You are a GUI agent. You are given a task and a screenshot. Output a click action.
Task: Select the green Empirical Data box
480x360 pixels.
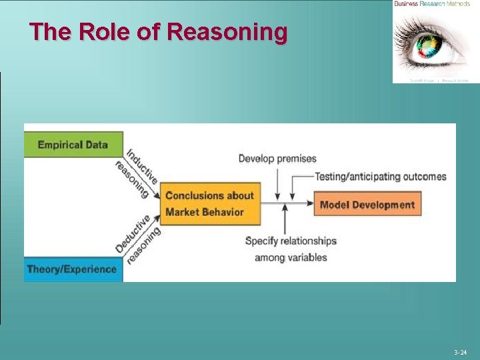pos(73,145)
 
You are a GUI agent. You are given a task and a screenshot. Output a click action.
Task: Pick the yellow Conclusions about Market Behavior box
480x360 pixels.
pos(210,203)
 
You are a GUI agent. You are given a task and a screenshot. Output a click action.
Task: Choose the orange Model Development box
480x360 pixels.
pos(367,205)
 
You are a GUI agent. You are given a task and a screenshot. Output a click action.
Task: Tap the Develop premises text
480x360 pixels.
pos(277,159)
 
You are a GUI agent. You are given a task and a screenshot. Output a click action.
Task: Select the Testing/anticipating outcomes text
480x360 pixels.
pos(381,177)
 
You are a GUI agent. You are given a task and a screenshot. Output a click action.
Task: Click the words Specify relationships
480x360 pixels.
pos(291,241)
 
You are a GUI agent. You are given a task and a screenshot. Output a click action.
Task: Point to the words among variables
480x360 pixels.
pos(291,257)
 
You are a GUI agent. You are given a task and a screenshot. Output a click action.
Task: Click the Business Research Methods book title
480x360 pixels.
pos(432,4)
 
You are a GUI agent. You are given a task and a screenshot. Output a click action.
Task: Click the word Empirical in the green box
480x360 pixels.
pos(60,145)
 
